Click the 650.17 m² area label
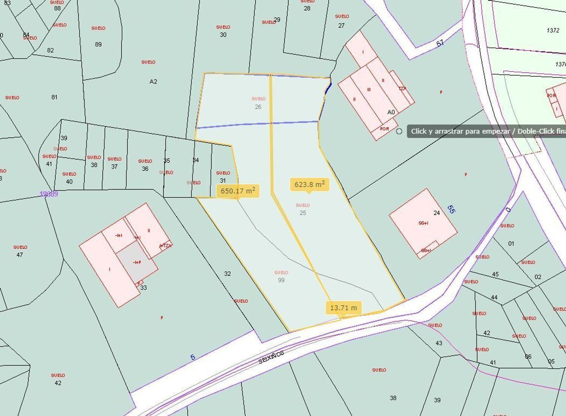238,191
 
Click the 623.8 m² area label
309,185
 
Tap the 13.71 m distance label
343,308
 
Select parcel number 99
281,280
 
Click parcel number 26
258,107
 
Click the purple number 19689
49,194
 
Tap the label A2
153,82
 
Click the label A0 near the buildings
391,112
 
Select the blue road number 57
440,43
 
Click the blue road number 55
451,209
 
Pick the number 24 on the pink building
437,213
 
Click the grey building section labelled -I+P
137,262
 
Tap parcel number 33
143,288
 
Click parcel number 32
227,274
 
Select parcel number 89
98,44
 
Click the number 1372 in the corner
553,30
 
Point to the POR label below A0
384,129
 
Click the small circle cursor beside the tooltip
399,131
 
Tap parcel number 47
20,255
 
